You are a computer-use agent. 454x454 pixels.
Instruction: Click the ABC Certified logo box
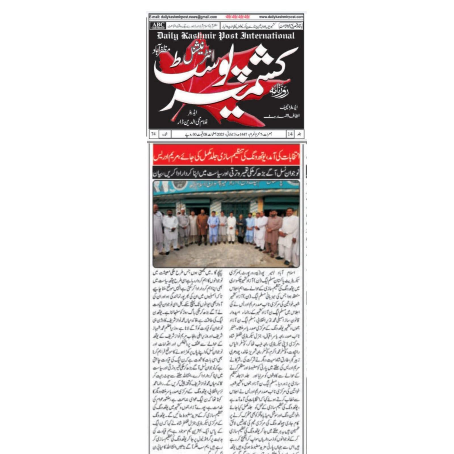158,26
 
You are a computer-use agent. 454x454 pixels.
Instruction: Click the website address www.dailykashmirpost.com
281,17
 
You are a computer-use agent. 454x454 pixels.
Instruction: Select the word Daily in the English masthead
167,36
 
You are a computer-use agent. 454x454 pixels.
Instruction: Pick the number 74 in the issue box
154,134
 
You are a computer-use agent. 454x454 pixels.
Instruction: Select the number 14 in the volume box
290,134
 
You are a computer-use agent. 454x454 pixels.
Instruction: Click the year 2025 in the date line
220,134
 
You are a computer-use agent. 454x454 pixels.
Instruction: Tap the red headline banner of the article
226,155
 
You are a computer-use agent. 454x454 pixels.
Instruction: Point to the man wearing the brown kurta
202,227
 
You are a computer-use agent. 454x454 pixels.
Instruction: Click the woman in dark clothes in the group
241,228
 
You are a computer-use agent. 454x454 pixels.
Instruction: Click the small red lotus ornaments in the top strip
235,17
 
